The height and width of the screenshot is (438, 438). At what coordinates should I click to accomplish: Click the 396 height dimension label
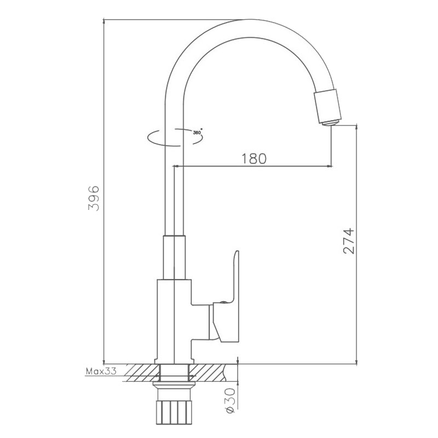pos(93,198)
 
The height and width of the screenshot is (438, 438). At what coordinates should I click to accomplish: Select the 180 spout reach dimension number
pos(254,159)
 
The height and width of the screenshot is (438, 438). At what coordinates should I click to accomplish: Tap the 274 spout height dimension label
pos(348,241)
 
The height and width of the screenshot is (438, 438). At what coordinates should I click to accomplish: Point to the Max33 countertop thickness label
pos(101,371)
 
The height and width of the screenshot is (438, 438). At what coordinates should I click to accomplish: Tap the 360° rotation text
pos(198,132)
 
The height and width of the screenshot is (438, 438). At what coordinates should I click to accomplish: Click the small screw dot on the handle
pos(223,302)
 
